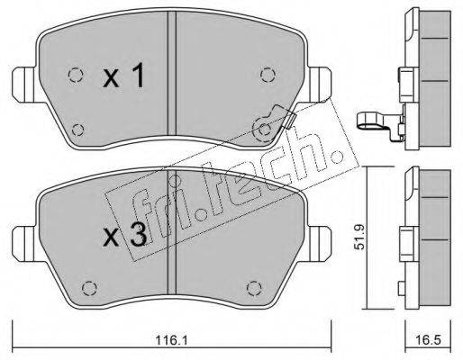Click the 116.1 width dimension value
tap(171, 340)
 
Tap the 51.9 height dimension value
tap(359, 237)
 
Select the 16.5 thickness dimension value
tap(429, 340)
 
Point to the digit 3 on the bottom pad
tap(139, 235)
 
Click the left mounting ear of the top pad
tap(24, 85)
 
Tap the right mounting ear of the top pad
tap(320, 85)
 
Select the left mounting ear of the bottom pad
tap(25, 244)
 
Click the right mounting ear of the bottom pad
tap(320, 244)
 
